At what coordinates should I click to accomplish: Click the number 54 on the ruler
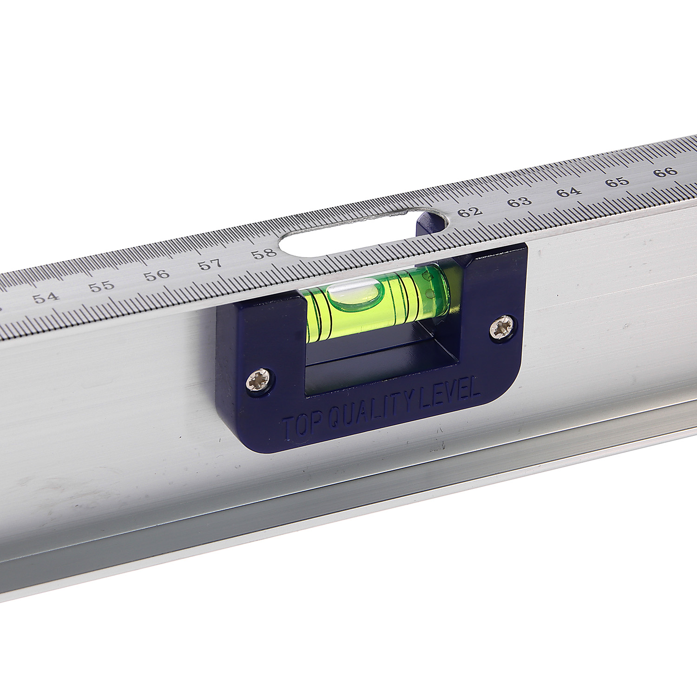pyautogui.click(x=46, y=297)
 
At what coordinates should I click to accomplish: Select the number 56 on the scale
pyautogui.click(x=157, y=275)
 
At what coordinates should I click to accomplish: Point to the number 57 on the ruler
pyautogui.click(x=210, y=264)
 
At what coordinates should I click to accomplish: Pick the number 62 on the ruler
pyautogui.click(x=470, y=212)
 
